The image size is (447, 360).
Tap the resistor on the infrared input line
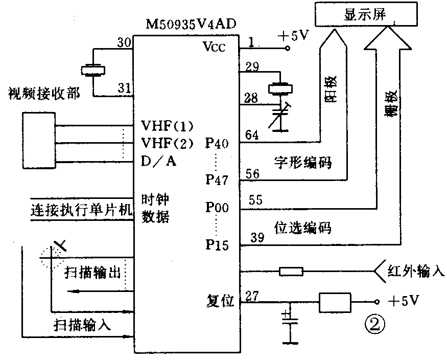(291, 271)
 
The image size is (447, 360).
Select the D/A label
(160, 162)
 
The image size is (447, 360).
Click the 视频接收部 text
(44, 94)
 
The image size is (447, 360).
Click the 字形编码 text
(299, 164)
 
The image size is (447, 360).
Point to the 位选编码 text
(303, 228)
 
